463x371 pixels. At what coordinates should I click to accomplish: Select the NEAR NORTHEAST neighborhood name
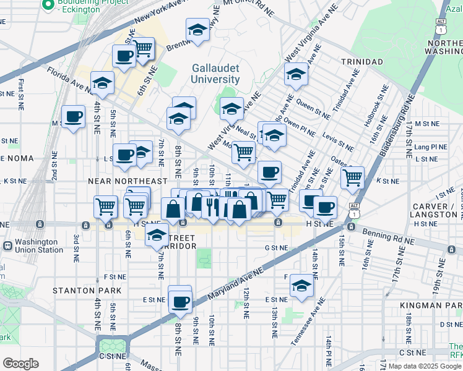pyautogui.click(x=128, y=181)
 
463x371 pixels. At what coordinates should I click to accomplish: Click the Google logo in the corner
pyautogui.click(x=20, y=363)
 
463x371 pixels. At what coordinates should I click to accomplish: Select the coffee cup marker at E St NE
pyautogui.click(x=180, y=301)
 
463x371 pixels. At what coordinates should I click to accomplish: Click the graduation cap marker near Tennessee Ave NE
pyautogui.click(x=301, y=285)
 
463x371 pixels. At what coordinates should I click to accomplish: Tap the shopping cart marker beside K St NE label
pyautogui.click(x=353, y=177)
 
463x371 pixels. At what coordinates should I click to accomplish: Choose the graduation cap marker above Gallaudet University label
pyautogui.click(x=197, y=30)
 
